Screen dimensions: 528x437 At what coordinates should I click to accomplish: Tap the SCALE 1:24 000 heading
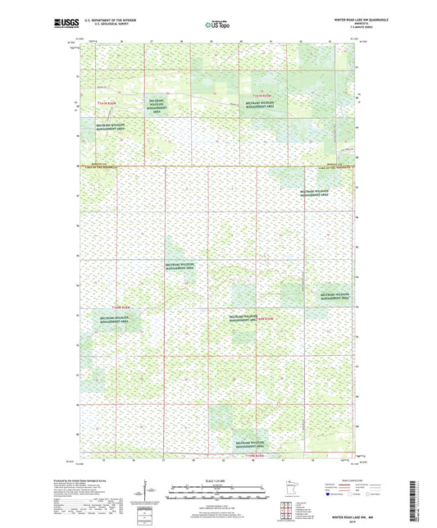point(217,480)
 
